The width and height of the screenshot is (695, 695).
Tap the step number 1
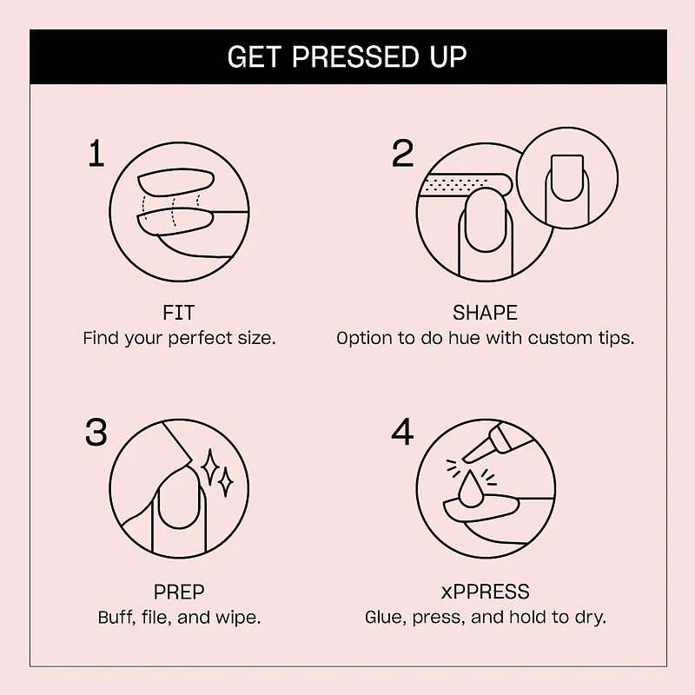click(96, 155)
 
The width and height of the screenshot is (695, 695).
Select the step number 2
click(402, 154)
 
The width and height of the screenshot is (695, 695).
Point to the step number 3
click(96, 431)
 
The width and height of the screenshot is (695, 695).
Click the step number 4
click(402, 431)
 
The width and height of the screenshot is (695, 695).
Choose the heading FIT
click(179, 313)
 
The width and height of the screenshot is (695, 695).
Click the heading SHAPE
click(485, 313)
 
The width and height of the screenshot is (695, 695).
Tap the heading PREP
click(179, 592)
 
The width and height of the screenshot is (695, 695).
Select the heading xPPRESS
click(485, 592)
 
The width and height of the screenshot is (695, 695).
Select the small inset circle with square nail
click(566, 180)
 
